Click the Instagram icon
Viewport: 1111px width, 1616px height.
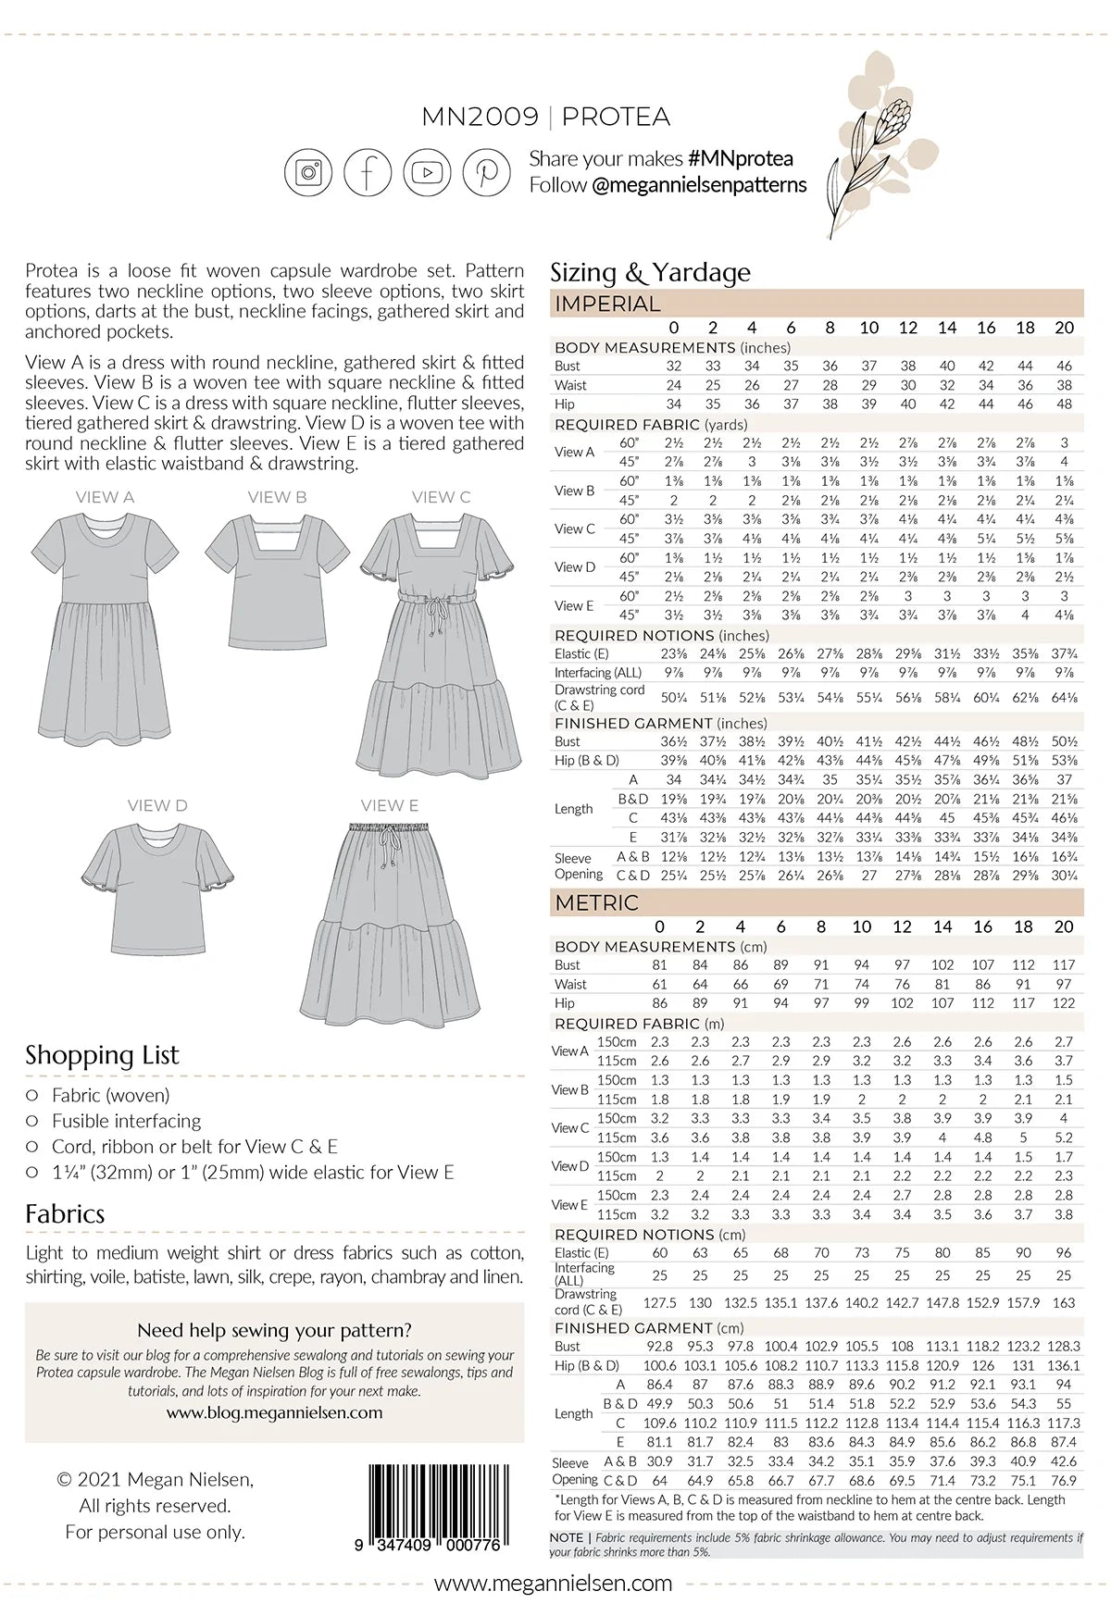coord(308,172)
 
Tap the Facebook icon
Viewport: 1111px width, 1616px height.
coord(368,172)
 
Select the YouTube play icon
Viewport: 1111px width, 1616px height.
coord(427,172)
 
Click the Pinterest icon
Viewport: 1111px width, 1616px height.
coord(486,172)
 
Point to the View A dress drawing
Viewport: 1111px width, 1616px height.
coord(104,629)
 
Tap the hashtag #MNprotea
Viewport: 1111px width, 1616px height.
coord(741,159)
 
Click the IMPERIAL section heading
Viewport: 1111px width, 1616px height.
coord(607,304)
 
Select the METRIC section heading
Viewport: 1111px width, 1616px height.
coord(597,902)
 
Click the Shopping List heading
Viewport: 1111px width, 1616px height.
coord(102,1055)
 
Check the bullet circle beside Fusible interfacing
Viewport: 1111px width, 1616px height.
coord(32,1121)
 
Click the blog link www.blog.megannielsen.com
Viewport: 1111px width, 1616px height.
coord(274,1412)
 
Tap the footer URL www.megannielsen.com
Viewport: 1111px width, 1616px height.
coord(554,1583)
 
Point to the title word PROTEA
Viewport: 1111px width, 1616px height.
coord(616,117)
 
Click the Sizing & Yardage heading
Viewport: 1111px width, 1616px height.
coord(650,272)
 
